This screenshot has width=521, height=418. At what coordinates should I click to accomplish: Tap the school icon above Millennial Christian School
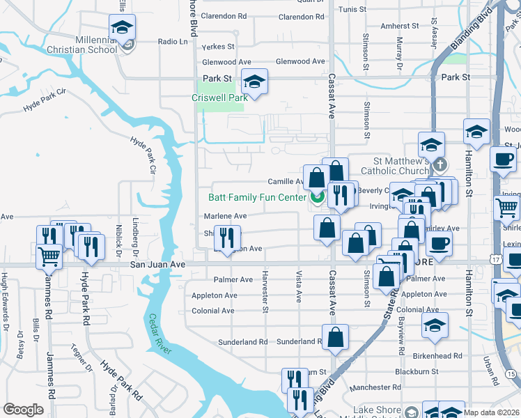click(122, 29)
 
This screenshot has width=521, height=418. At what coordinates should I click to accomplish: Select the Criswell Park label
click(220, 98)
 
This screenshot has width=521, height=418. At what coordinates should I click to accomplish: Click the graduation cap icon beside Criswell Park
click(255, 83)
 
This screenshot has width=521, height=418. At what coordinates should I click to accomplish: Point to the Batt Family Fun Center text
click(258, 197)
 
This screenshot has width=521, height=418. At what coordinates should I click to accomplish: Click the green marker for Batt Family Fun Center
click(318, 199)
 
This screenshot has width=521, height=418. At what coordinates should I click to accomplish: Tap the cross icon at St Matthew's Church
click(440, 166)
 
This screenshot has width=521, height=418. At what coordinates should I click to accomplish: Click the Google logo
click(23, 410)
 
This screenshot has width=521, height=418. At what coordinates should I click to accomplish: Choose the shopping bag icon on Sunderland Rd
click(335, 336)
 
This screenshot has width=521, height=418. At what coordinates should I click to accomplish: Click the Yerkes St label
click(217, 47)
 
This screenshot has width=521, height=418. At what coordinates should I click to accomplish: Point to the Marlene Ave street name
click(225, 216)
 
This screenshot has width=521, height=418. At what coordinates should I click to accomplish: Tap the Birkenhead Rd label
click(438, 356)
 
